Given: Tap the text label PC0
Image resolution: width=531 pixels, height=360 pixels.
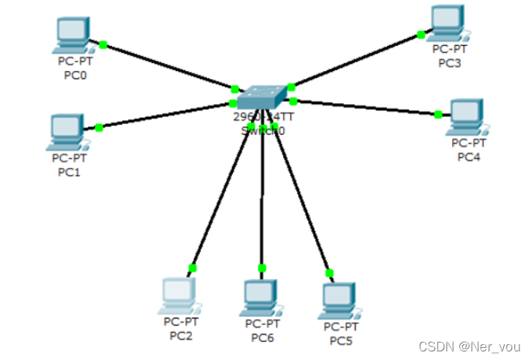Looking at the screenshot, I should (72, 74).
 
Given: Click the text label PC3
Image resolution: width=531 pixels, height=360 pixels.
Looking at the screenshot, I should (449, 63).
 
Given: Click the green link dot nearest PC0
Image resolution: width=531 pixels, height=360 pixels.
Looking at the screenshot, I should (103, 44).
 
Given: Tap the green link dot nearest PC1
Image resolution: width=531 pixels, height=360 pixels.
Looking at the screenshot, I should (99, 128).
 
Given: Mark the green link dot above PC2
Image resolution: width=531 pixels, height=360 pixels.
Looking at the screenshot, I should (192, 268).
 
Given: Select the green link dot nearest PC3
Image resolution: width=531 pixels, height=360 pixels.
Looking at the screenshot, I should (421, 34).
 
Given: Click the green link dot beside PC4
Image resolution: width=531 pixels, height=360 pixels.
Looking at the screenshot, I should (439, 114).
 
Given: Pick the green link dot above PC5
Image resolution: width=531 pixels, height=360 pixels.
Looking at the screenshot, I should (330, 273).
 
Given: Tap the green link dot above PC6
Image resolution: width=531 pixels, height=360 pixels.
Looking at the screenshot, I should (262, 268).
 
